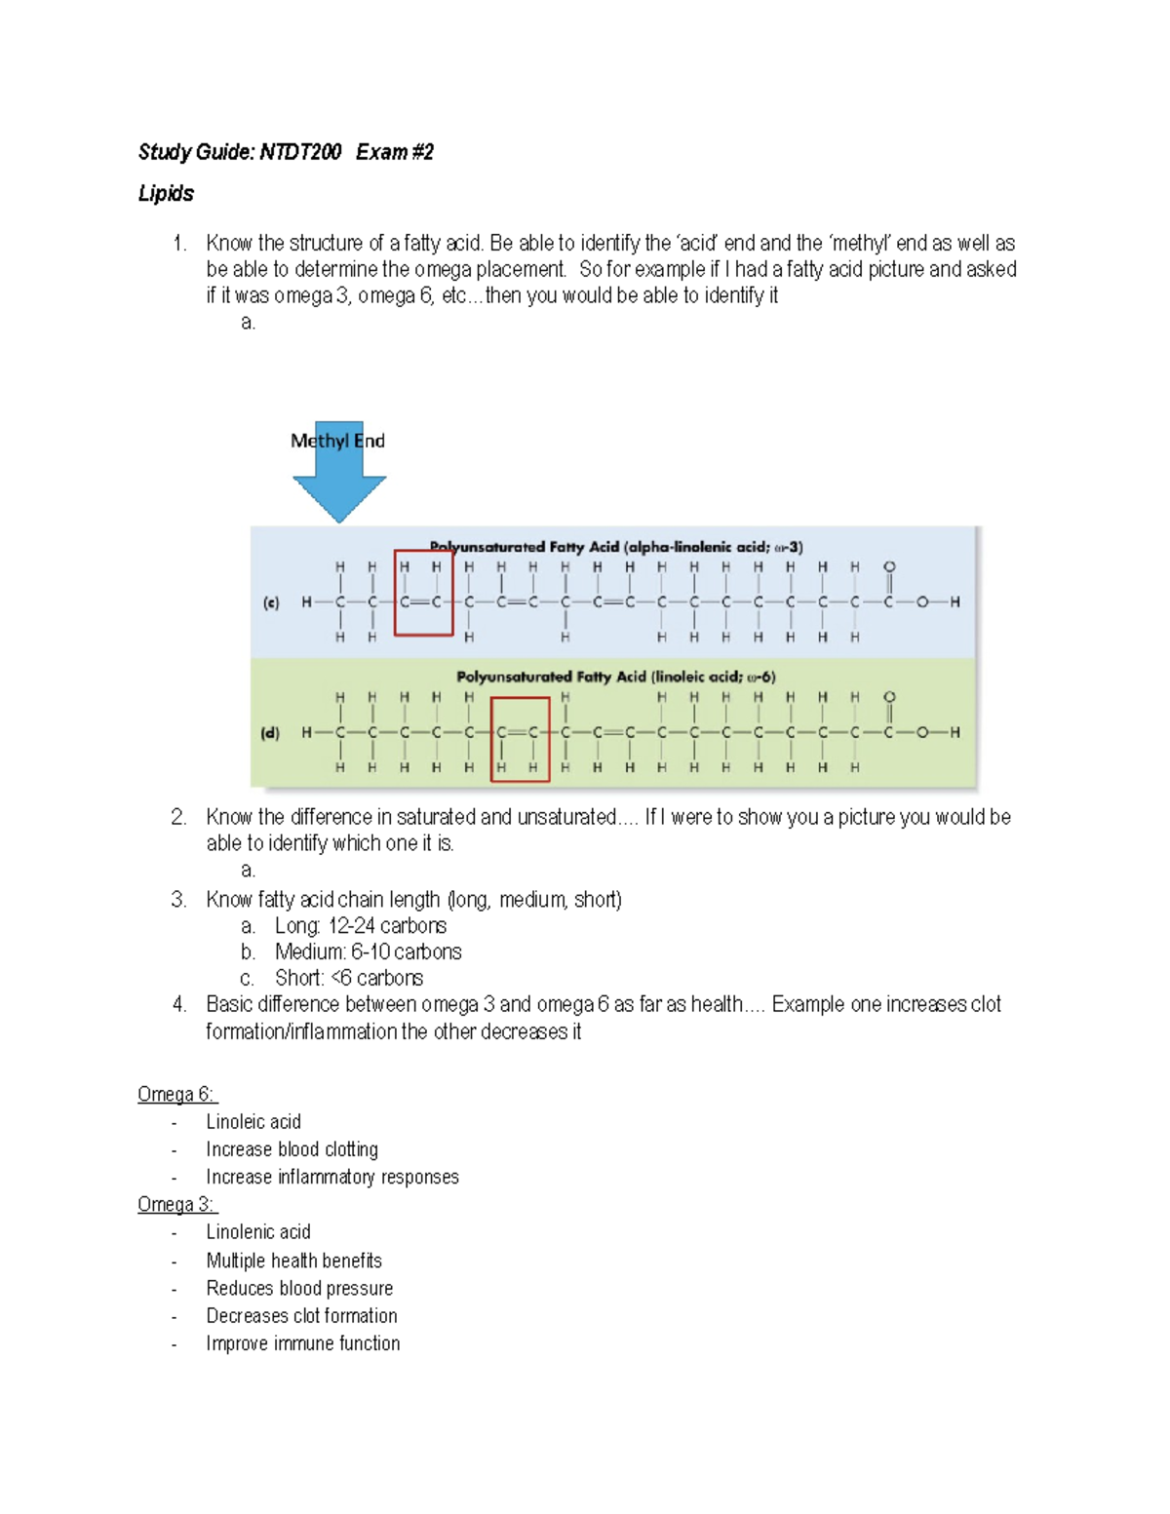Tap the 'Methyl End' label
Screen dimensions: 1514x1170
(x=337, y=441)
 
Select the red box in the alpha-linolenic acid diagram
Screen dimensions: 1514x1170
(x=423, y=593)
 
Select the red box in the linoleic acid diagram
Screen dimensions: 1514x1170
(x=520, y=739)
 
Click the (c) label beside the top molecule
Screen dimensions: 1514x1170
(x=271, y=602)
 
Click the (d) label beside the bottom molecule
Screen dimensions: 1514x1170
(x=270, y=732)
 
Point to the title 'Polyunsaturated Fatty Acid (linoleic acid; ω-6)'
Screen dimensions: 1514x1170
(x=615, y=677)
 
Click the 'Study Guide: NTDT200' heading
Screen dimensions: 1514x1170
(x=240, y=152)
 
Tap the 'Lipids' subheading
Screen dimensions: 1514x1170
(x=166, y=194)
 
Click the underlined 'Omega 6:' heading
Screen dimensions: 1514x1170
(x=176, y=1095)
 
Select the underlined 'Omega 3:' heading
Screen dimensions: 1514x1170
(x=176, y=1205)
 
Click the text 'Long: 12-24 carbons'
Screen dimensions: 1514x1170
(x=360, y=926)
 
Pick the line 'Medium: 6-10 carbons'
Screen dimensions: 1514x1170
(x=368, y=952)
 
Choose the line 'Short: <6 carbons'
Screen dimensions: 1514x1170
(x=348, y=979)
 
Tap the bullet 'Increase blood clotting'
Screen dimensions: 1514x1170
(x=292, y=1150)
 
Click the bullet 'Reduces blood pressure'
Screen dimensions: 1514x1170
(x=299, y=1289)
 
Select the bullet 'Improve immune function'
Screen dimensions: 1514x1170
(x=302, y=1344)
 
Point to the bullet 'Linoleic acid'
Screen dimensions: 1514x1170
(x=253, y=1122)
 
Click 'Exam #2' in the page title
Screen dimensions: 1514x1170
(x=395, y=152)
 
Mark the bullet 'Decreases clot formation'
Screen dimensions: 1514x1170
(x=301, y=1316)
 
